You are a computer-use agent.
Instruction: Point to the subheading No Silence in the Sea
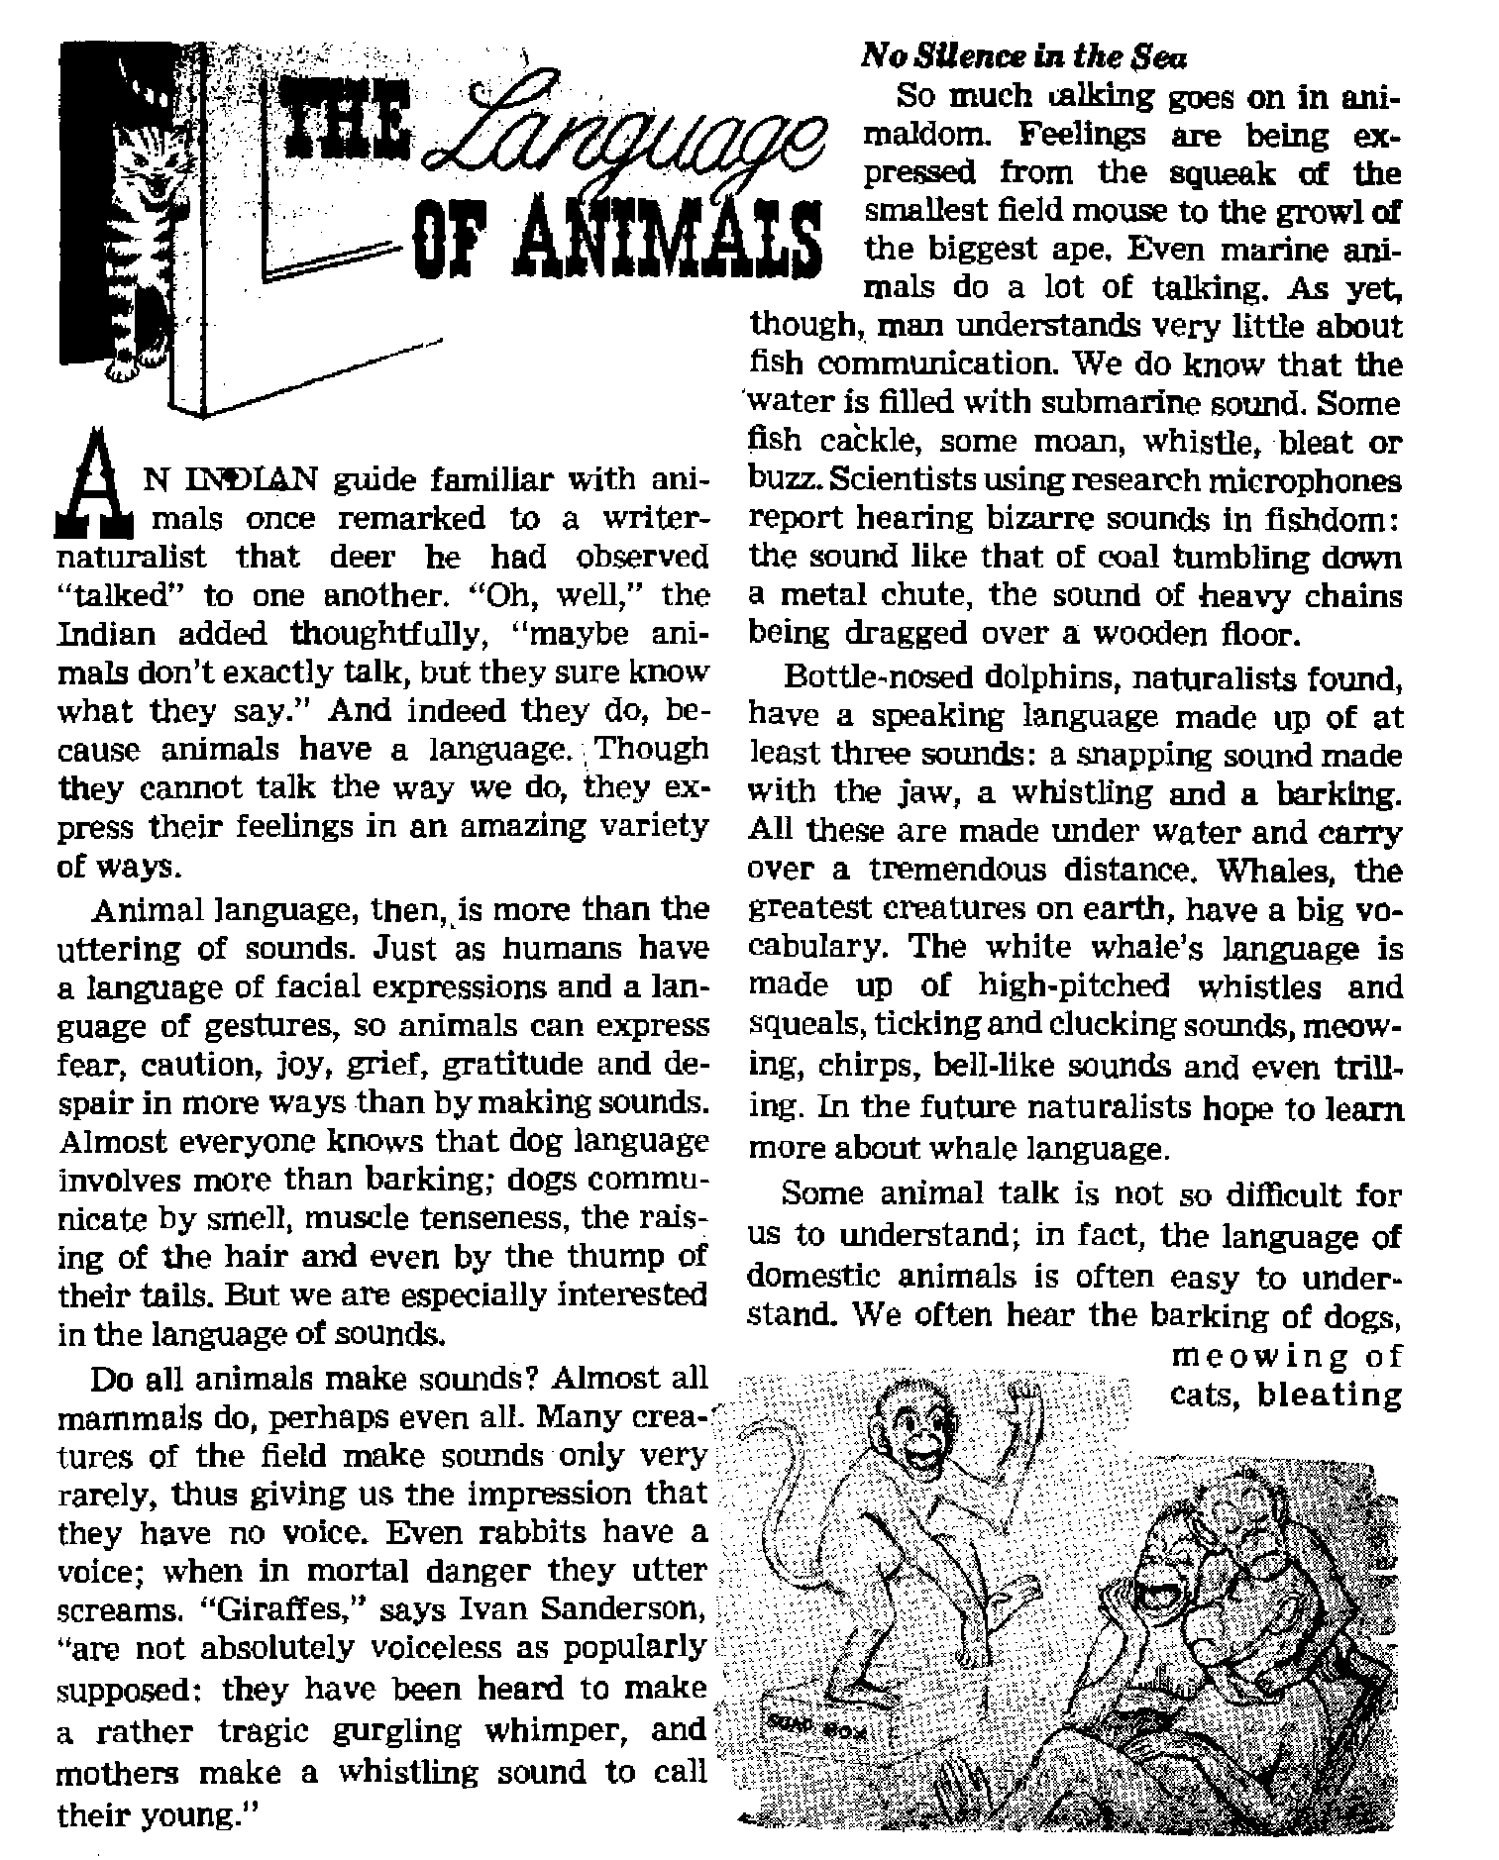pos(1024,57)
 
